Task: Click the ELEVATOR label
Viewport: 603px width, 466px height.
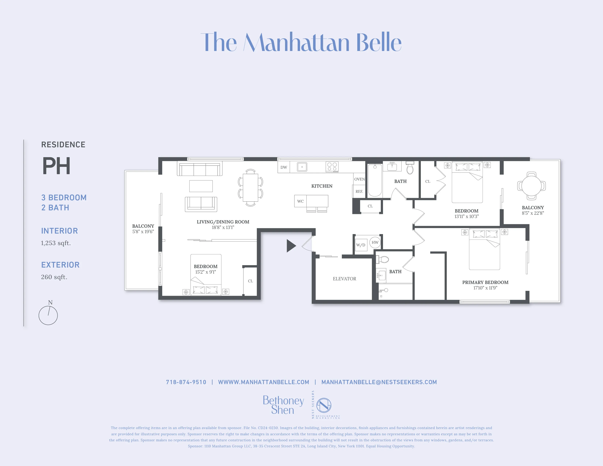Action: pos(344,279)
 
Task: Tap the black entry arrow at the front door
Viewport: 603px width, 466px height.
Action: pos(291,246)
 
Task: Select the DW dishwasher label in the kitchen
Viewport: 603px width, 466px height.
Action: pos(284,167)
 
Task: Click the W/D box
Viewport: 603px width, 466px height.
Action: pos(361,245)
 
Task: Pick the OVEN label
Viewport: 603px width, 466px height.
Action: pos(359,179)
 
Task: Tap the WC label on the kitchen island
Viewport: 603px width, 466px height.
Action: pos(300,201)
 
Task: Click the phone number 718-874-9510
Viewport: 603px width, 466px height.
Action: pos(186,382)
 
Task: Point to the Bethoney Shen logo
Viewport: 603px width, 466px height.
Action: pos(283,405)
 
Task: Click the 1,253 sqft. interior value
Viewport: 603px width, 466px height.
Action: pos(56,243)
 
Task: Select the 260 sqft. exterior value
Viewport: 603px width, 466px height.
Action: pos(54,277)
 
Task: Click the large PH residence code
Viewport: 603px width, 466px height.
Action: pos(56,166)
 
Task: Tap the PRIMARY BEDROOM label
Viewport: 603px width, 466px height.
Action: pos(485,282)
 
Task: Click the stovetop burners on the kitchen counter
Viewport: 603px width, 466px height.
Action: pos(332,167)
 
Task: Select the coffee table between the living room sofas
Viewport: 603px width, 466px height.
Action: pos(201,186)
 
